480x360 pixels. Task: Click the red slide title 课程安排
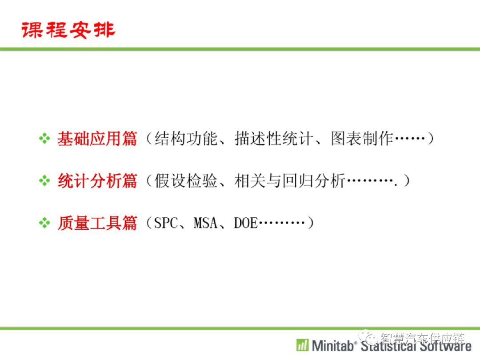pos(68,30)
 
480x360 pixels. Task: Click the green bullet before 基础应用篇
pos(45,138)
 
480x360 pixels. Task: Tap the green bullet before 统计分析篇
pos(45,180)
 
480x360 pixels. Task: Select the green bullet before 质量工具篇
pos(45,223)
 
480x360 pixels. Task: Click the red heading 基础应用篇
pos(97,139)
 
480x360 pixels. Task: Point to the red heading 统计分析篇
pos(97,180)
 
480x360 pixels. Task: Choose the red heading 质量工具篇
pos(97,223)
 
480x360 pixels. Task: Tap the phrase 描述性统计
pos(274,139)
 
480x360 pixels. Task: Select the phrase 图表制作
pos(362,139)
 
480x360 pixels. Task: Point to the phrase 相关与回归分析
pos(290,180)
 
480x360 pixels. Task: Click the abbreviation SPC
pos(166,223)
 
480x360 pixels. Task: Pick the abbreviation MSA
pos(205,223)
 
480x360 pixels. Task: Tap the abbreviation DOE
pos(246,223)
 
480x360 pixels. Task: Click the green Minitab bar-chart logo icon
pos(303,345)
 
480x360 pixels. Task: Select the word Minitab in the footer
pos(332,346)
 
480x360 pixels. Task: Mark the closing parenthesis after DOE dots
pos(311,223)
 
